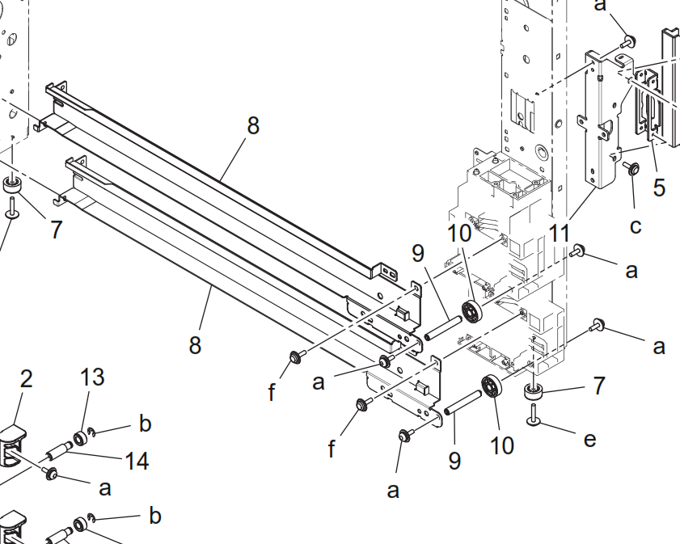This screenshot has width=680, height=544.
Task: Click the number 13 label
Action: coord(93,377)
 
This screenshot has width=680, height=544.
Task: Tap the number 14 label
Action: coord(137,461)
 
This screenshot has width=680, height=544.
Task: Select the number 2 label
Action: coord(26,378)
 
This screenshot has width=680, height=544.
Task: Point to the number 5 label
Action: coord(660,188)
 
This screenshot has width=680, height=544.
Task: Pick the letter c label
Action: coord(636,226)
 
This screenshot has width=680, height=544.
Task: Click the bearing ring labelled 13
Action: coord(82,438)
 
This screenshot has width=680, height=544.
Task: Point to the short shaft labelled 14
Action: coord(61,447)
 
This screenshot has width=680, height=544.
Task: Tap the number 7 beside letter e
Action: coord(598,386)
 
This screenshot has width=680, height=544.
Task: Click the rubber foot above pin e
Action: coord(534,394)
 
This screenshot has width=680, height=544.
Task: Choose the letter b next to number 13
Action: coord(145,424)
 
